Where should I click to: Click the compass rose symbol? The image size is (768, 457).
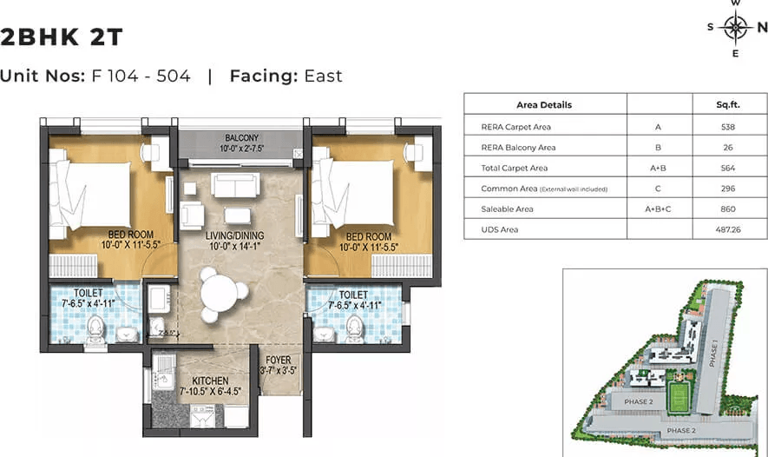point(736,28)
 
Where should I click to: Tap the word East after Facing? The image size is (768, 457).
point(323,76)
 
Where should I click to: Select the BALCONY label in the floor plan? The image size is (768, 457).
point(241,138)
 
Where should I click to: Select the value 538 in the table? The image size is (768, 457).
point(729,126)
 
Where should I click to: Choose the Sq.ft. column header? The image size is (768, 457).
point(729,105)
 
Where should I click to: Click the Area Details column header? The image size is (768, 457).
point(544,105)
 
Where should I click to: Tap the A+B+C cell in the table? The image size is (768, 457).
point(659,209)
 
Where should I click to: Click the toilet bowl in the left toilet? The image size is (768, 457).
point(95,328)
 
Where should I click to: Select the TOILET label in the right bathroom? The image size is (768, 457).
point(353,295)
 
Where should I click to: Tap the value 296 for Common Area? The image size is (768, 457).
point(729,188)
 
